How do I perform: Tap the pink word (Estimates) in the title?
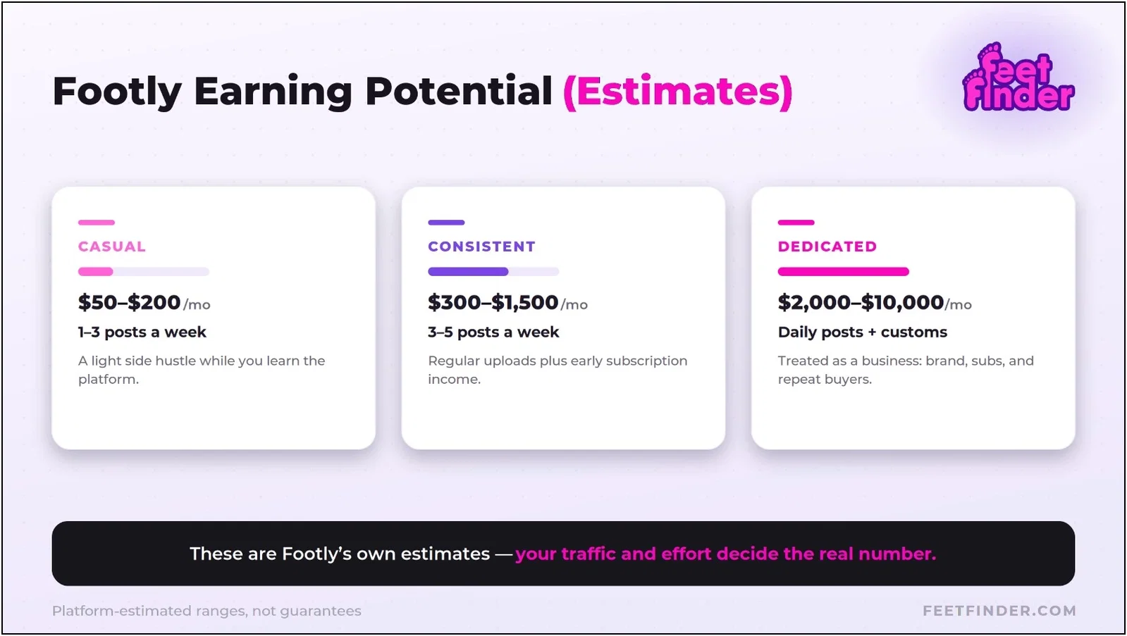(x=678, y=92)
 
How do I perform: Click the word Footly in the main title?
(x=117, y=92)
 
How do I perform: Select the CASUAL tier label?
(x=111, y=247)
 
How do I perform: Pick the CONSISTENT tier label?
(x=481, y=247)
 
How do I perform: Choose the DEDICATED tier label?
(x=827, y=247)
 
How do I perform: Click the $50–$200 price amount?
(x=129, y=302)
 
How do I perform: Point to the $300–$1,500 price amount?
(x=493, y=302)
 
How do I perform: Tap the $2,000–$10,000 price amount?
(x=861, y=302)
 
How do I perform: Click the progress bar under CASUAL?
(x=143, y=272)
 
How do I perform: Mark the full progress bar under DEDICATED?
(x=843, y=272)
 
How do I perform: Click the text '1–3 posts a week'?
(x=142, y=332)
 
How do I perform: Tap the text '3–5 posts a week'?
(x=493, y=332)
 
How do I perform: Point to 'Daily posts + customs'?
(x=863, y=332)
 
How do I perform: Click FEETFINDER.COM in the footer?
(x=999, y=611)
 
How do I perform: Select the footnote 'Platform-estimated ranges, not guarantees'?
(x=207, y=611)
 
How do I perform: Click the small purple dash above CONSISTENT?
(x=446, y=223)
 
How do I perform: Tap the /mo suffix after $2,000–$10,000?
(x=959, y=305)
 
